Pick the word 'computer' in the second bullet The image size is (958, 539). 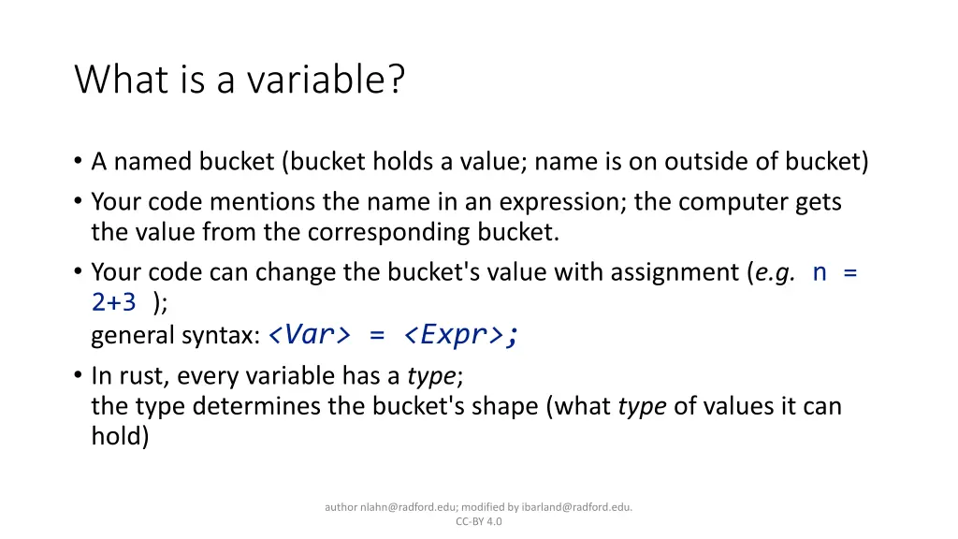point(735,202)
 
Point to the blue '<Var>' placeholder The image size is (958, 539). point(309,334)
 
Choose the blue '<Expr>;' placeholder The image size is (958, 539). point(461,334)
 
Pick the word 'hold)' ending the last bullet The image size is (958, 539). point(120,436)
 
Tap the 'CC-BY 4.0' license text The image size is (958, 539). point(479,522)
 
